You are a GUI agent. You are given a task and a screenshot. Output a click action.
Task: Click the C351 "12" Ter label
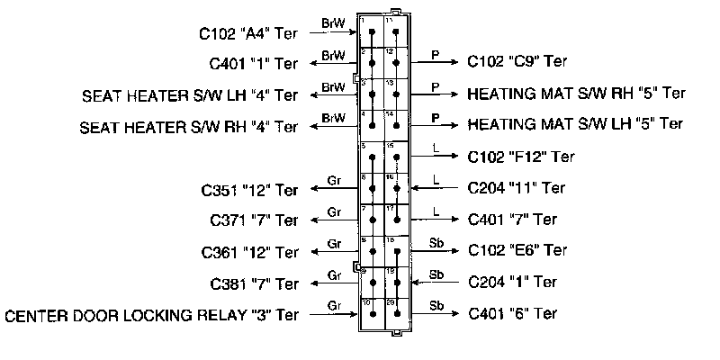point(249,190)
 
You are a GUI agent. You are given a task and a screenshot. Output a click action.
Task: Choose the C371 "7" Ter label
point(253,220)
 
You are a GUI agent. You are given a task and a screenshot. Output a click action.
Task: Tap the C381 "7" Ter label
point(253,284)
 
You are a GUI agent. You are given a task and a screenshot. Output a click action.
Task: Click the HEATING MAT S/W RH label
point(577,93)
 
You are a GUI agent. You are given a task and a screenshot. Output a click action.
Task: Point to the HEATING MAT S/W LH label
point(576,123)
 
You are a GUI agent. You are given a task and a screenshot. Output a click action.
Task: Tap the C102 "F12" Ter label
point(521,157)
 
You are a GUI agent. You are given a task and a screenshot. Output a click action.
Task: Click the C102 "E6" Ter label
point(517,249)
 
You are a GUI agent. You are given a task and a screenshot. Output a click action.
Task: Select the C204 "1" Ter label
point(513,282)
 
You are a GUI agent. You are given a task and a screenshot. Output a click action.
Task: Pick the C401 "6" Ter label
point(513,313)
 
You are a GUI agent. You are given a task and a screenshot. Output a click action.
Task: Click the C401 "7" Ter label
point(513,219)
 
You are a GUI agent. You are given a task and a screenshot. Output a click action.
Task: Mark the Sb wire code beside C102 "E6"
point(436,242)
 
